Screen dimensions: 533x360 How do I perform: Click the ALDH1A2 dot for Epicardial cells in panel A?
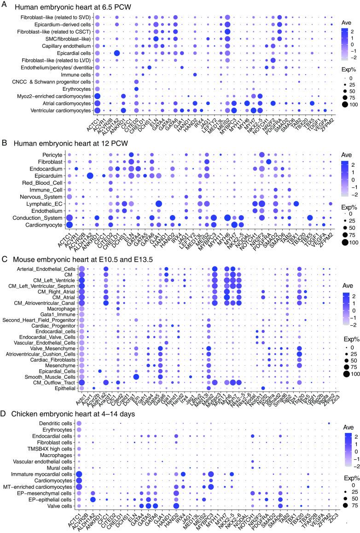tap(117, 53)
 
